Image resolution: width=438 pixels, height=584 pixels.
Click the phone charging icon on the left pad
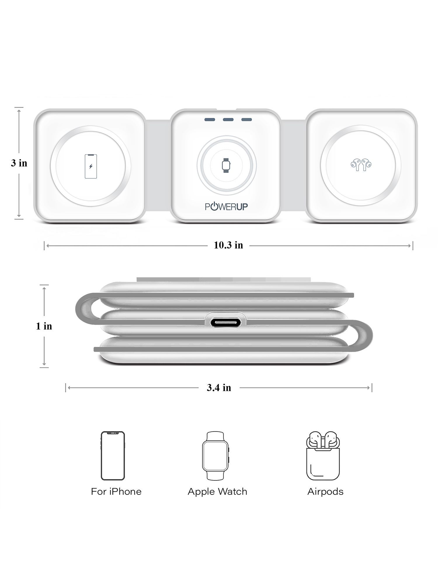tap(91, 166)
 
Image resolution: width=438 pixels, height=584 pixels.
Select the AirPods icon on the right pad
tap(361, 165)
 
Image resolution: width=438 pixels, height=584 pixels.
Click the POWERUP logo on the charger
tap(227, 207)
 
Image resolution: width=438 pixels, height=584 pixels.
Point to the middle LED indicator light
tap(228, 119)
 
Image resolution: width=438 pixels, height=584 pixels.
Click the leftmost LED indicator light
tap(210, 119)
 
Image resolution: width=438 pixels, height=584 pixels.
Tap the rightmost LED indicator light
tap(246, 119)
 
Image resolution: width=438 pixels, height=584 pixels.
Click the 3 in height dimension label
tap(19, 163)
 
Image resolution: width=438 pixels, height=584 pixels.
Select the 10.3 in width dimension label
tap(228, 245)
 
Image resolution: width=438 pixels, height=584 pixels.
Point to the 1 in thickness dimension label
tap(44, 326)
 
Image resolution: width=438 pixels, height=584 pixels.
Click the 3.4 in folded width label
tap(219, 388)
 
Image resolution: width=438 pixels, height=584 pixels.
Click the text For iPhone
tap(116, 492)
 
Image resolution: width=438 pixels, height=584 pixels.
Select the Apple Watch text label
tap(217, 492)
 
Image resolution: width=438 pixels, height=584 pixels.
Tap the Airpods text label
tap(325, 492)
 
